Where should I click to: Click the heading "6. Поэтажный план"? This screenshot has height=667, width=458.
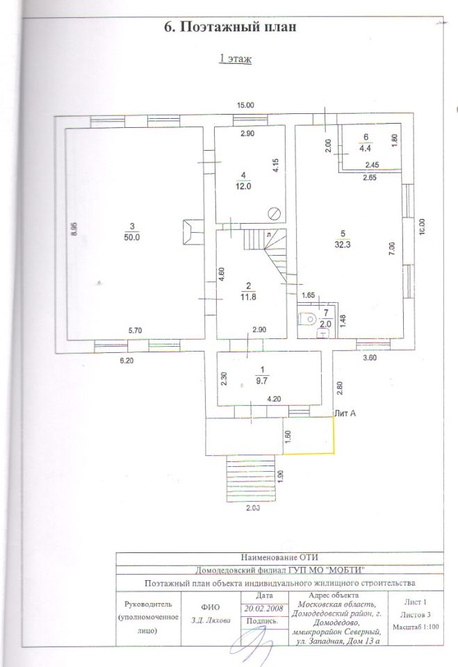click(x=229, y=28)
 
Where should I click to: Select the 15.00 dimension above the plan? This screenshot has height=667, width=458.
click(x=245, y=106)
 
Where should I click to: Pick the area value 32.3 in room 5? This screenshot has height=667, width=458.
click(x=341, y=245)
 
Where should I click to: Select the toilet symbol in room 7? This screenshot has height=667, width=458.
click(x=304, y=320)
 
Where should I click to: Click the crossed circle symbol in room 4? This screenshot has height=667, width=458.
click(x=275, y=213)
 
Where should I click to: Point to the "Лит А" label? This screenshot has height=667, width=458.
click(x=345, y=413)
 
